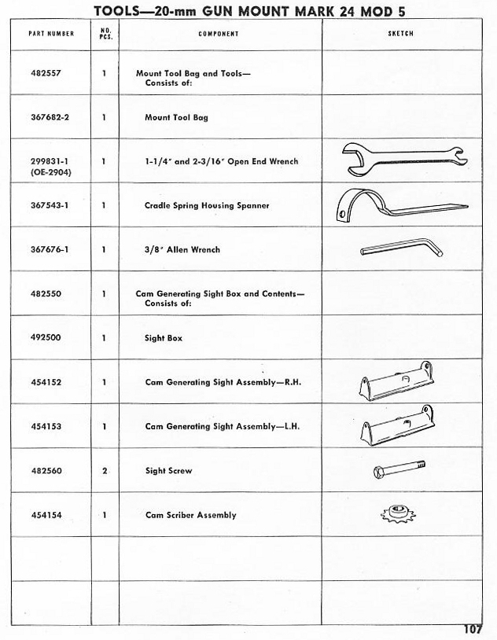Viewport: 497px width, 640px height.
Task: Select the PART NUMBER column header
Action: [50, 34]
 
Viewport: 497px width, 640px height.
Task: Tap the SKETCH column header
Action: [401, 34]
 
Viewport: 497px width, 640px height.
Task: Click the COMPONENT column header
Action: [219, 34]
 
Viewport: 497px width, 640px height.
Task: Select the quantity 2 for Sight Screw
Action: [105, 471]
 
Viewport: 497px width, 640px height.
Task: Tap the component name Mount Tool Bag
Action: [176, 117]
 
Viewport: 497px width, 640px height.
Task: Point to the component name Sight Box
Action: [164, 338]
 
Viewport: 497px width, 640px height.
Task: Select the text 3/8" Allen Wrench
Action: [182, 249]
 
